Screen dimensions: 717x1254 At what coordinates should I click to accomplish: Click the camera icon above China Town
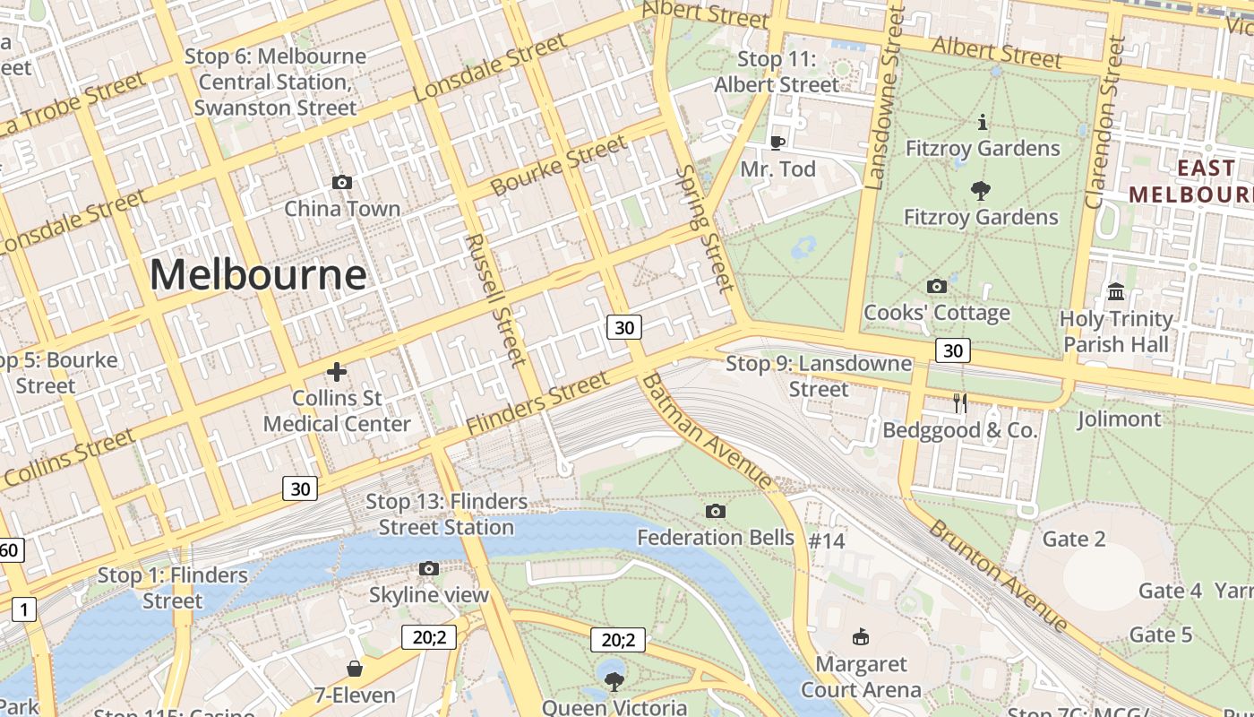(341, 183)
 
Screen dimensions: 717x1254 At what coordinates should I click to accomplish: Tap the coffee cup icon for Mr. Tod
(777, 143)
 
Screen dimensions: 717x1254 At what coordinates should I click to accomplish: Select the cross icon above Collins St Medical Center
(337, 372)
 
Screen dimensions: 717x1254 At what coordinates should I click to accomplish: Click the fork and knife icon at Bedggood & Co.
(959, 403)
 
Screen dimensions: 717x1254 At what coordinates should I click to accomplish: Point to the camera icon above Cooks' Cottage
(937, 287)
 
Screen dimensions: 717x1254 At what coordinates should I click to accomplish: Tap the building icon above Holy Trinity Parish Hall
(1116, 292)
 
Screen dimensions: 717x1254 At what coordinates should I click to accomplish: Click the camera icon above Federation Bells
(715, 512)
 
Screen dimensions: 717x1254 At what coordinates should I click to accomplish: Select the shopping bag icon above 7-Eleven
(355, 669)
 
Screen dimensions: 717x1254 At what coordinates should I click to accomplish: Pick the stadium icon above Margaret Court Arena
(861, 637)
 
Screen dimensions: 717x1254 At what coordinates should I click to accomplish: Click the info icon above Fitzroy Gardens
(983, 122)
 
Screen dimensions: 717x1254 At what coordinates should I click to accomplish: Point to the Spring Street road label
(704, 229)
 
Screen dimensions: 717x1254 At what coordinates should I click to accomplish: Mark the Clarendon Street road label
(1104, 122)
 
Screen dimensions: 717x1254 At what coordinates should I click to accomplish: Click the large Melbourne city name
(258, 274)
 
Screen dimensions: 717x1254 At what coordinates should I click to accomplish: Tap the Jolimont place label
(1119, 419)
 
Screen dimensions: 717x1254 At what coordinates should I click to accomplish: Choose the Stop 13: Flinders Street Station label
(446, 514)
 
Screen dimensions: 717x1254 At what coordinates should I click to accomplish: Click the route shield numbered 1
(23, 610)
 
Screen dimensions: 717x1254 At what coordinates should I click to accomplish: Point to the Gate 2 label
(1074, 539)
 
